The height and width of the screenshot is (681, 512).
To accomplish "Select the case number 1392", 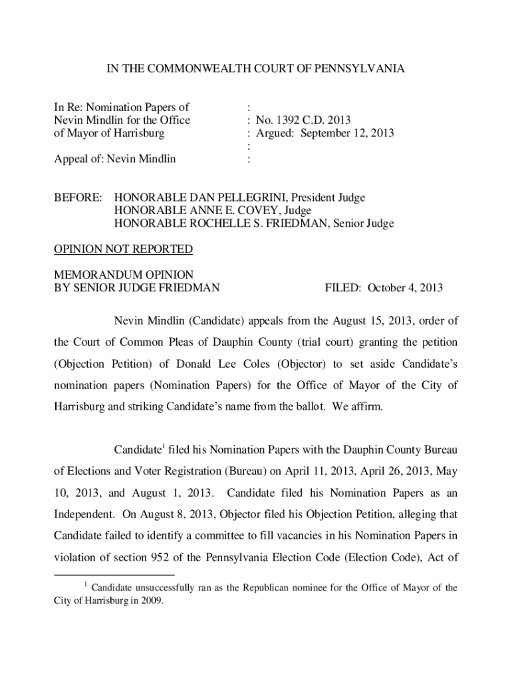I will coord(284,120).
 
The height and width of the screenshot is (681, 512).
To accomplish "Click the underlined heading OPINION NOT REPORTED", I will coord(123,249).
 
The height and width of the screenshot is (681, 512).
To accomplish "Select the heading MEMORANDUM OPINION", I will coord(123,275).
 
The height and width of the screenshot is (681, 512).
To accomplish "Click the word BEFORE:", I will coord(78,198).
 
